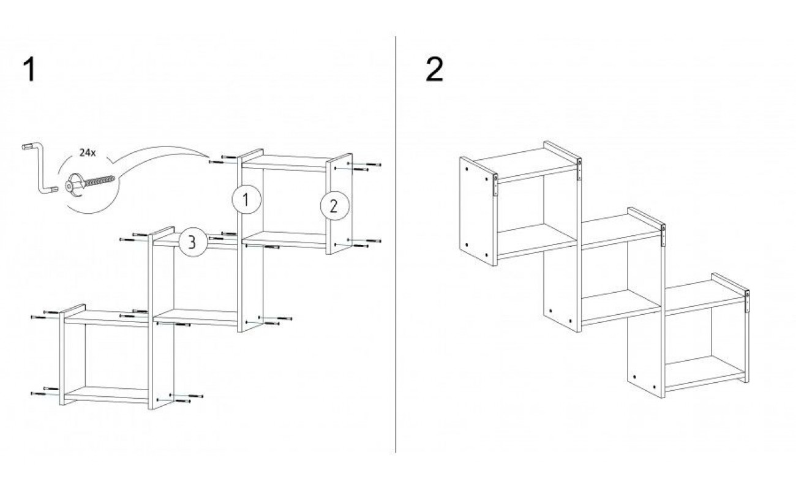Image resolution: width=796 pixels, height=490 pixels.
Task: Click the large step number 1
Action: [x=29, y=70]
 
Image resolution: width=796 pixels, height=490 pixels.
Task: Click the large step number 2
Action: [x=435, y=70]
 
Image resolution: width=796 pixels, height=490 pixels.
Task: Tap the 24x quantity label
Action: [x=88, y=153]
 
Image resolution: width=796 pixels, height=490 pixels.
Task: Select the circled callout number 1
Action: [x=247, y=199]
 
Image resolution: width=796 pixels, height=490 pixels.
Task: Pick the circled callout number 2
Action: [x=335, y=206]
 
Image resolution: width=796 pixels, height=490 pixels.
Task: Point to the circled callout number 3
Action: [x=193, y=242]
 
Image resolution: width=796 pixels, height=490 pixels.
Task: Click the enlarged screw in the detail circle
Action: [x=90, y=183]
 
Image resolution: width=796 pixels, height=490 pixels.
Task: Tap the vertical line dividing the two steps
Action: [x=396, y=244]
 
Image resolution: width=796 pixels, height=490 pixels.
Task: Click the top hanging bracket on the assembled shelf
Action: [x=579, y=170]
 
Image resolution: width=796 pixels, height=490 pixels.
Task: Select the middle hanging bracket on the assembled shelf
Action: [x=663, y=235]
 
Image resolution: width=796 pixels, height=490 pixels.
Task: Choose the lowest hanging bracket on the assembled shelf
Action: [x=747, y=301]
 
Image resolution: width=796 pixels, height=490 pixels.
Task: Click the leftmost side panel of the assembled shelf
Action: [x=478, y=211]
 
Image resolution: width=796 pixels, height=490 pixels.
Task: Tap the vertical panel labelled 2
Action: [x=339, y=204]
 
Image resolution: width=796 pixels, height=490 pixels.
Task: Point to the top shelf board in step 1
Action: [x=284, y=163]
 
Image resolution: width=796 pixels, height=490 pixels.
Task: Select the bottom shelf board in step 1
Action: [x=107, y=394]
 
